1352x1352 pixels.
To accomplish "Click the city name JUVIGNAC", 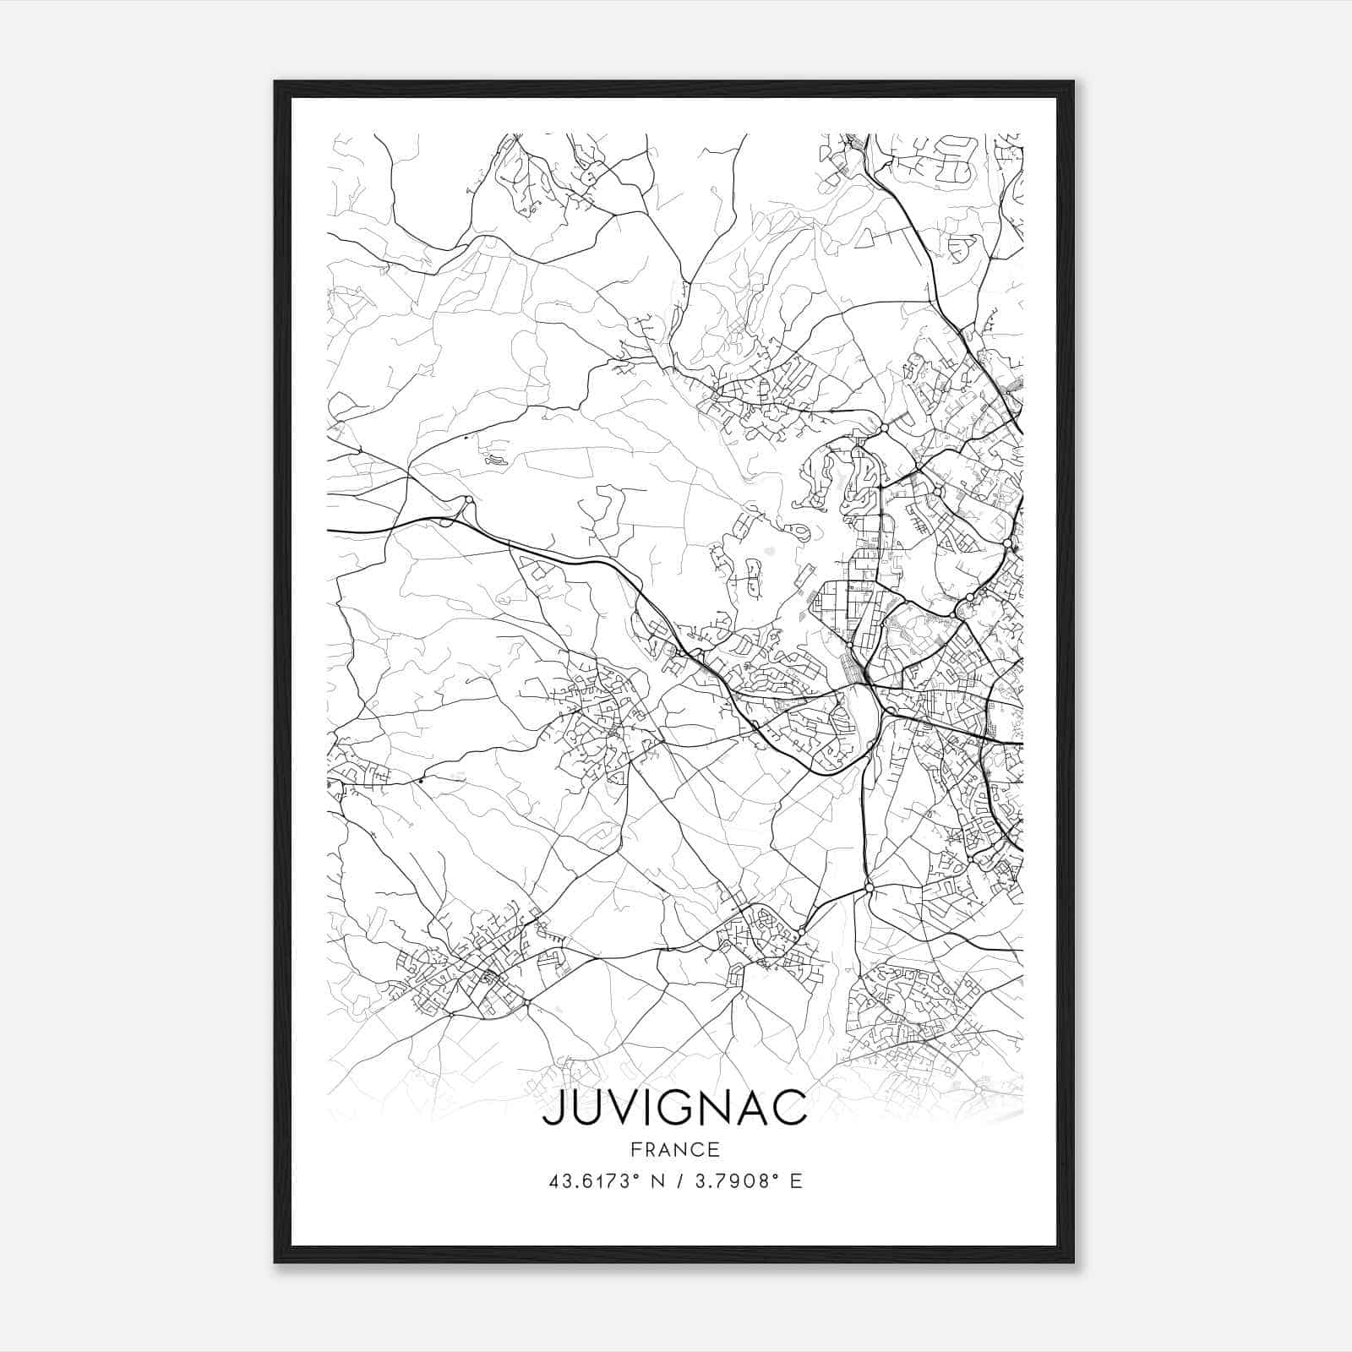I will click(x=673, y=1109).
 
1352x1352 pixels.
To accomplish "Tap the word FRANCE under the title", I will click(x=673, y=1150).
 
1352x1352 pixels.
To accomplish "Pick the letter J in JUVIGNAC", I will click(x=553, y=1109).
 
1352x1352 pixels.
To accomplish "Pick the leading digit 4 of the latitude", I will click(x=554, y=1182).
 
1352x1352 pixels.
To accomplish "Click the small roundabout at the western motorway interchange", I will click(x=467, y=502).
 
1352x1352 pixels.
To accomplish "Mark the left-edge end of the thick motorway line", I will click(x=329, y=531).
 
